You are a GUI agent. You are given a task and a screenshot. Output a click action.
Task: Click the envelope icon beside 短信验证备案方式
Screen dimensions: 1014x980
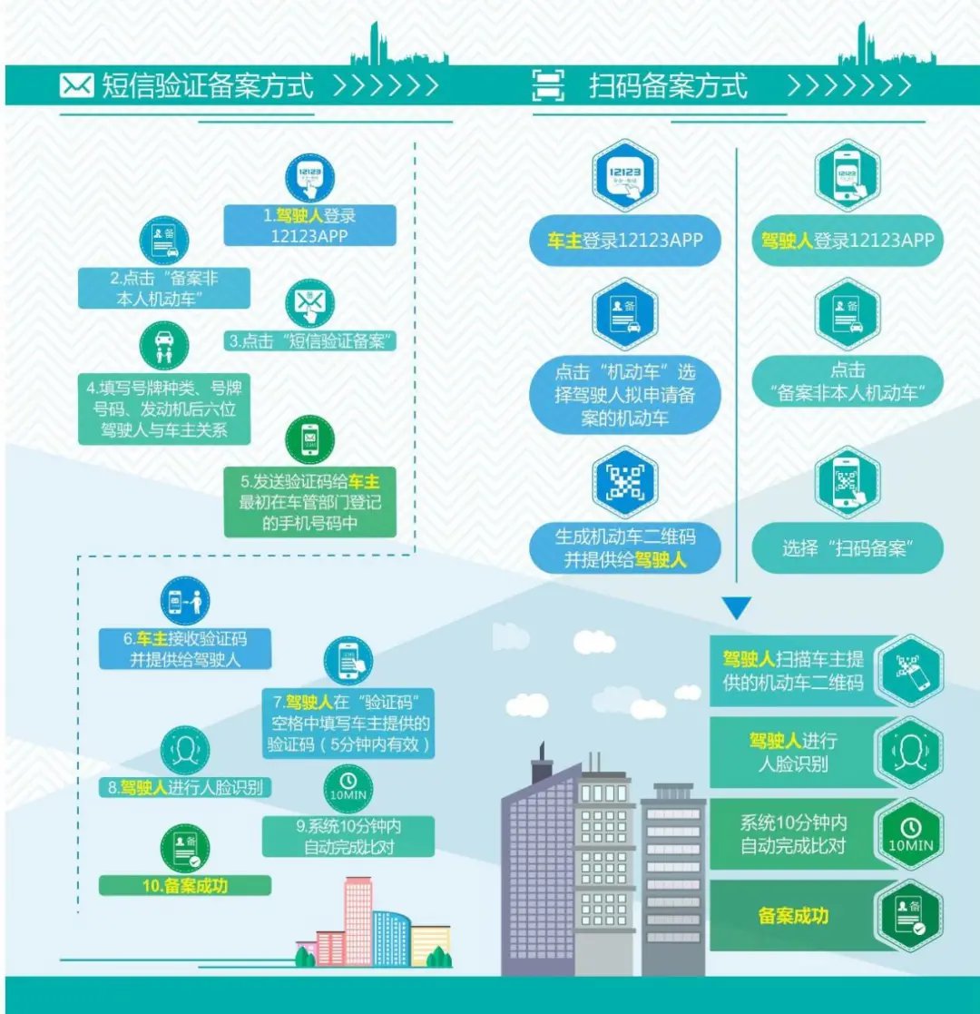point(77,86)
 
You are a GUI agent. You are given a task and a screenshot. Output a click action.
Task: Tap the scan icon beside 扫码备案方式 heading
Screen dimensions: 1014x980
point(547,87)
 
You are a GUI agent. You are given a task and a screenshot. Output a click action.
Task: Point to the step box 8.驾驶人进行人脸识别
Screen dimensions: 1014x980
point(185,787)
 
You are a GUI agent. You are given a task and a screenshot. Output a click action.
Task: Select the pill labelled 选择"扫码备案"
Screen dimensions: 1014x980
point(848,548)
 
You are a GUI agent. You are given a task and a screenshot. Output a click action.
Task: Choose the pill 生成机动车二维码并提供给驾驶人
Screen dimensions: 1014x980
point(625,548)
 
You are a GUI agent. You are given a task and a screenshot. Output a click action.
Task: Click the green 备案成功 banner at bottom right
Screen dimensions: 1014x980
point(794,915)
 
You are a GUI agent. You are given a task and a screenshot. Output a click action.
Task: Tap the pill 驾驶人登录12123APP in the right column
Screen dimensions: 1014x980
point(848,241)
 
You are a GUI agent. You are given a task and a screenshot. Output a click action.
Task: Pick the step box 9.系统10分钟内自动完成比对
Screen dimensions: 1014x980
point(348,836)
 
